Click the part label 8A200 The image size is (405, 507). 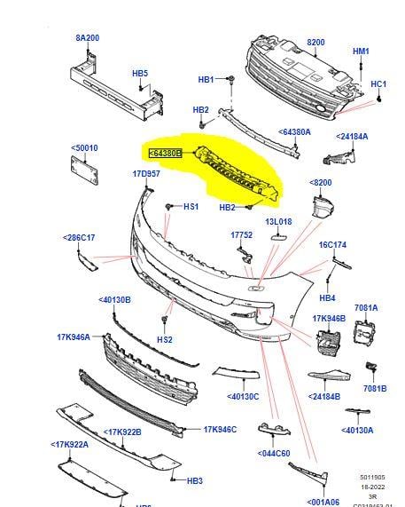[x=89, y=38]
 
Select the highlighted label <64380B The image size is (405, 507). [x=165, y=153]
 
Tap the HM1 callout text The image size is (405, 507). [x=361, y=51]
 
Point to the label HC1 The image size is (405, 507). [x=378, y=84]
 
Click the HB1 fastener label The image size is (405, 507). [x=206, y=80]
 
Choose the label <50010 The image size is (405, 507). [x=84, y=148]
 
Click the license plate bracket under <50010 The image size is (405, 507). [x=83, y=170]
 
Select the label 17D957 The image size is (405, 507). [x=146, y=174]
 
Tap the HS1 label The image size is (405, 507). [x=191, y=207]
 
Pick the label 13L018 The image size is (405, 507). [x=278, y=222]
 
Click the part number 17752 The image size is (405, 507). [x=242, y=235]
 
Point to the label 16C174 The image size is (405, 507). [x=333, y=244]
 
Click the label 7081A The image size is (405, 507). [x=365, y=308]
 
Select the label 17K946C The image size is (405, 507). [x=221, y=430]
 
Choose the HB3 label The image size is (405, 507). [x=195, y=480]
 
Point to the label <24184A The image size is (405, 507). [x=353, y=137]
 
